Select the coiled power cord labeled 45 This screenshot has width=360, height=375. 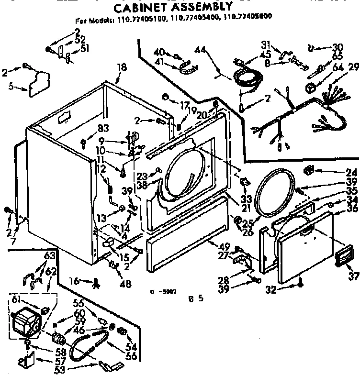[247, 77]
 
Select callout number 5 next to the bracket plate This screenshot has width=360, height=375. [11, 87]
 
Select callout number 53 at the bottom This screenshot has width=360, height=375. [60, 369]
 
